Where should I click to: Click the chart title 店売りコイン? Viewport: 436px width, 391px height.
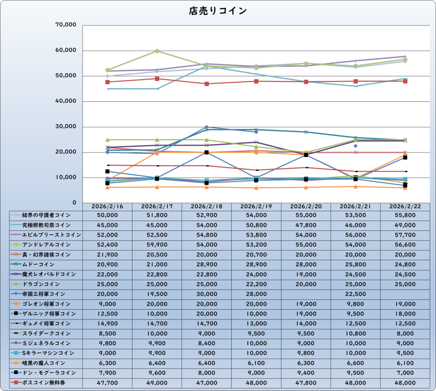[x=218, y=11]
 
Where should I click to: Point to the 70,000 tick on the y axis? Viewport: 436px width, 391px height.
[x=66, y=25]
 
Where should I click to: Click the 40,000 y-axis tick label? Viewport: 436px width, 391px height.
[x=66, y=101]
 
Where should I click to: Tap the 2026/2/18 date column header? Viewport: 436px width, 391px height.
[x=207, y=206]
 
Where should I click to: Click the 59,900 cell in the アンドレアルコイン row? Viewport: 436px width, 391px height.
[x=157, y=245]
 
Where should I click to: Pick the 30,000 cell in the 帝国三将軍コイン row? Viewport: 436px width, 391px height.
[x=207, y=294]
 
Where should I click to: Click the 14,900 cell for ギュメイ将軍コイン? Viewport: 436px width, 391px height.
[x=107, y=324]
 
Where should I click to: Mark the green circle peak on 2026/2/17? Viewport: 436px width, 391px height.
[x=157, y=51]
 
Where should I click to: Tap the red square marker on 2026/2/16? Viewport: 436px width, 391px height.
[x=107, y=82]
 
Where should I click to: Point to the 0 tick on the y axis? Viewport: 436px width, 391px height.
[x=74, y=203]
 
